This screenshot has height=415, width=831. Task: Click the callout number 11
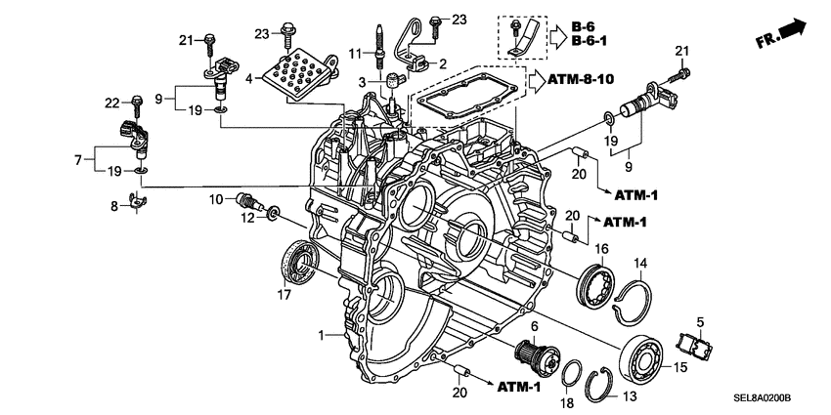pyautogui.click(x=356, y=54)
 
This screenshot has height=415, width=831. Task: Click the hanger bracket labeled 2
pyautogui.click(x=420, y=53)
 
